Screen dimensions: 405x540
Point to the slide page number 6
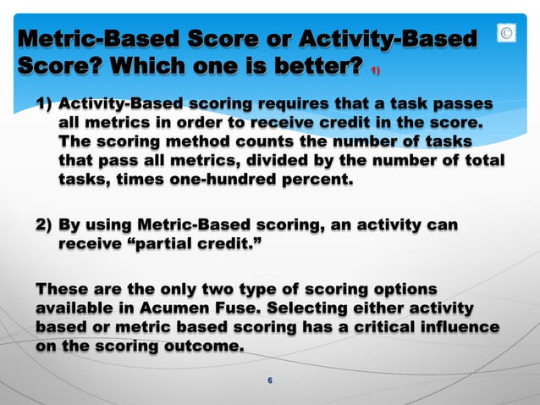click(270, 380)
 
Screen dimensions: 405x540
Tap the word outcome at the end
click(203, 346)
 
